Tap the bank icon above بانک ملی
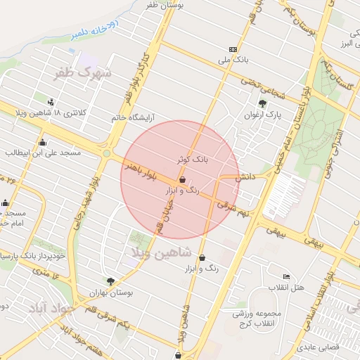pos(233,49)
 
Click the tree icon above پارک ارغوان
pos(263,103)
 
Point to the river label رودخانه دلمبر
pos(97,30)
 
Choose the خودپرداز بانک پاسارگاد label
pos(33,255)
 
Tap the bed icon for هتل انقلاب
pos(285,276)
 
